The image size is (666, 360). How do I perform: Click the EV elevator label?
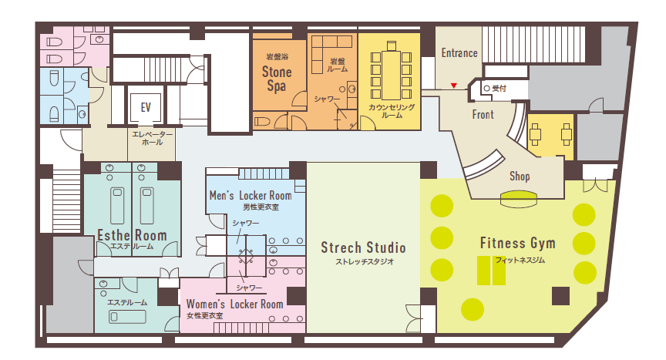[146, 107]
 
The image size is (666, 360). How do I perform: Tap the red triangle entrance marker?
[453, 86]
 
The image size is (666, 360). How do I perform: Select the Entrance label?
[459, 53]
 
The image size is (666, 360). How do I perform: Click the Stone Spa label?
[277, 79]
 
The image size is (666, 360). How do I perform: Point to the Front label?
[483, 115]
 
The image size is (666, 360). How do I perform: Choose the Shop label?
[520, 177]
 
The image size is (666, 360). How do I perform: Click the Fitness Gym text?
[518, 244]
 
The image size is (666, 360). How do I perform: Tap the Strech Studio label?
[363, 247]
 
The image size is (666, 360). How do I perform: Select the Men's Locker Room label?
[251, 196]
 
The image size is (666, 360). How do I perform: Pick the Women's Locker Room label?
[235, 304]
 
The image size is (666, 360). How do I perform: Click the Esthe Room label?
[132, 235]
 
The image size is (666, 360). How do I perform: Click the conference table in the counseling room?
[391, 75]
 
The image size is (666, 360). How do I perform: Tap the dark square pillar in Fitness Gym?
[560, 296]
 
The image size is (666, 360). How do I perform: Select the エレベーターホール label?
[153, 139]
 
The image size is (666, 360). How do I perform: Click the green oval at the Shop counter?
[519, 199]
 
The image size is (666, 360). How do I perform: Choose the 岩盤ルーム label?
[338, 65]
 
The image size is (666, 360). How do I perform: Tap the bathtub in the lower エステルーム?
[127, 317]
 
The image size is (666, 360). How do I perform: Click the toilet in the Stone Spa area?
[262, 122]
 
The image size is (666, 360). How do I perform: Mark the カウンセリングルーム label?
[392, 111]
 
